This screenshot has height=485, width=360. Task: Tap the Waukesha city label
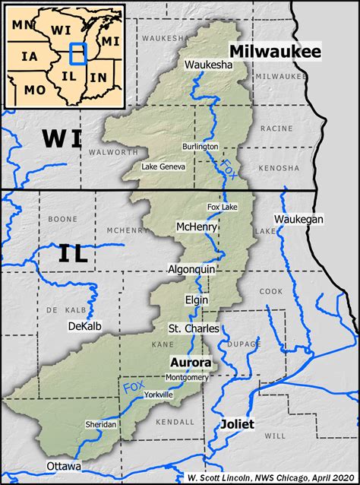point(208,65)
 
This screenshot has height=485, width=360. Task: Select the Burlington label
point(201,146)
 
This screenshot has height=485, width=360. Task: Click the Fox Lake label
point(223,207)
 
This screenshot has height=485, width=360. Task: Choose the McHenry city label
point(197,227)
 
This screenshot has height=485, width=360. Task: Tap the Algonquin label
point(192,269)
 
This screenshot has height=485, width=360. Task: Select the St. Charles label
point(194,328)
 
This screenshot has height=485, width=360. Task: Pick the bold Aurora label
point(191,363)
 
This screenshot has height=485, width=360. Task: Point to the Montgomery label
point(186,377)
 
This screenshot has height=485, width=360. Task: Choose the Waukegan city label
point(298,219)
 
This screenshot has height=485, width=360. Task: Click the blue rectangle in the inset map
point(78,54)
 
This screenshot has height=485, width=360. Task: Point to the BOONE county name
point(68,219)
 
